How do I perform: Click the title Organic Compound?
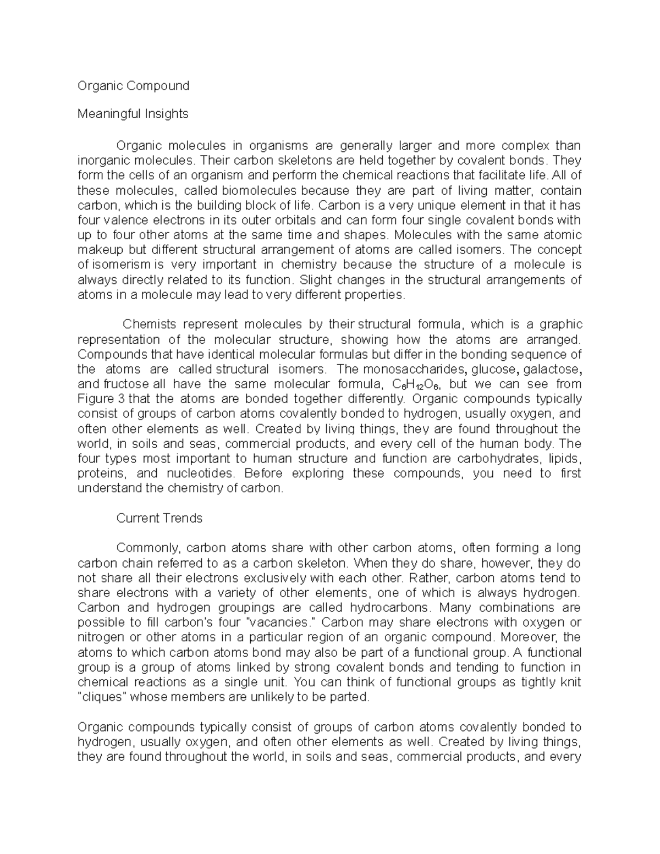coord(133,86)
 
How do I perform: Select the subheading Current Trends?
coord(159,518)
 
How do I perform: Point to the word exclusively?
coord(275,578)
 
